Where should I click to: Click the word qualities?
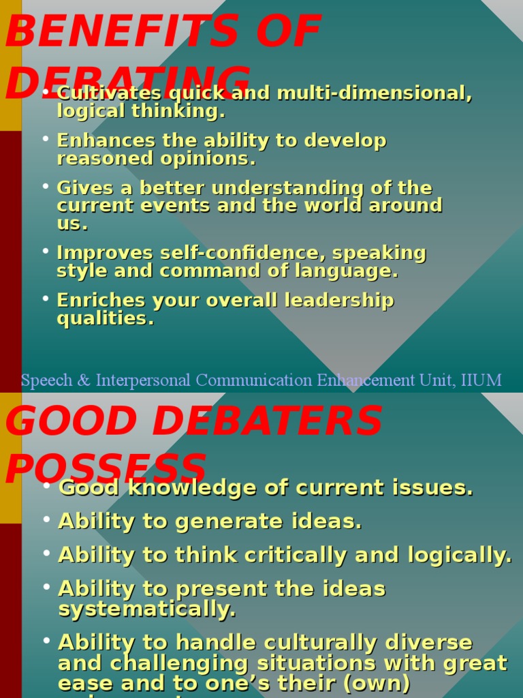105,318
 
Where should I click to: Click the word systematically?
147,609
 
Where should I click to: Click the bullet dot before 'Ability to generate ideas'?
46,520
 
